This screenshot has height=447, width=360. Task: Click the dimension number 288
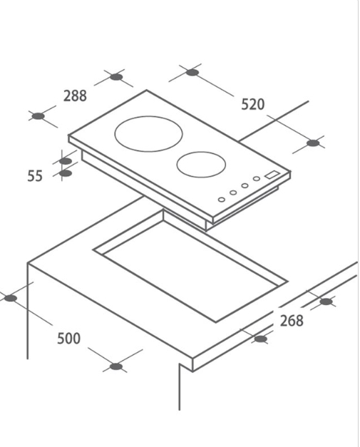coord(75,96)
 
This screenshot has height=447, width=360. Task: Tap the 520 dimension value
coord(253,104)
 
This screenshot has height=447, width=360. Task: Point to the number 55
coord(35,176)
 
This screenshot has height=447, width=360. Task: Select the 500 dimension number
coord(68,339)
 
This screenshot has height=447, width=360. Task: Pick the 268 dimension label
coord(292,321)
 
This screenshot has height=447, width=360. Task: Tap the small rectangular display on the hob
coord(272,174)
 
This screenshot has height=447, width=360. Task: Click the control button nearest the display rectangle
coord(257,179)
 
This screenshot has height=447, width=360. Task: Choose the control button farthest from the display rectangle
coord(221,200)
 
